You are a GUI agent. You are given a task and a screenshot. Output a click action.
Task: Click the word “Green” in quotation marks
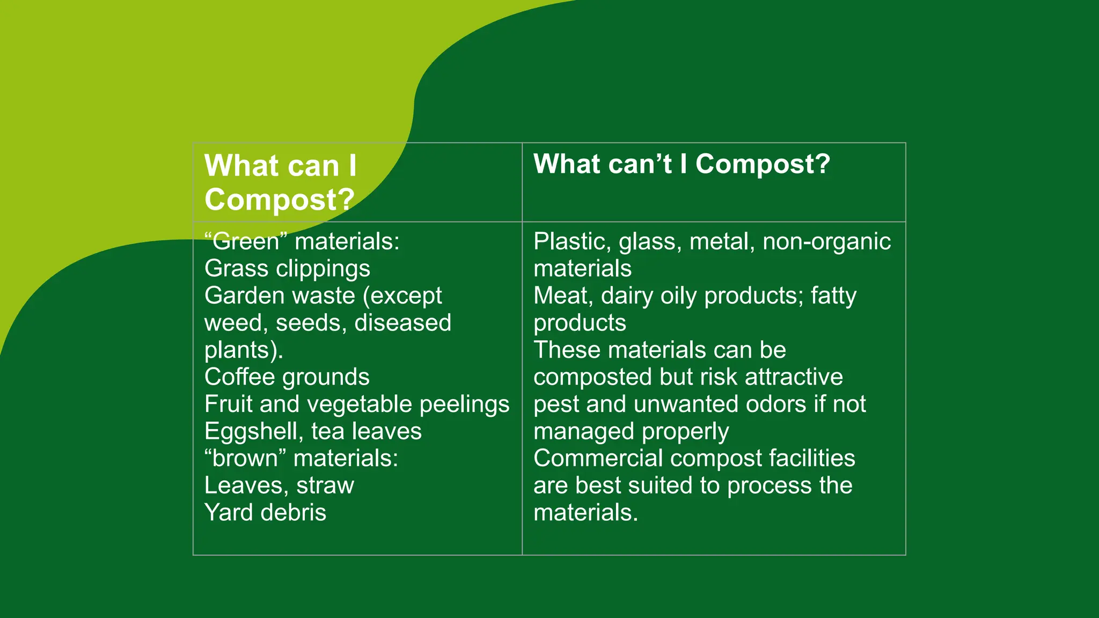pos(246,241)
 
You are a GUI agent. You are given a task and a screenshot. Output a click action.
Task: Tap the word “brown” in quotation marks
pos(245,459)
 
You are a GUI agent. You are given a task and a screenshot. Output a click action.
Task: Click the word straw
pos(325,485)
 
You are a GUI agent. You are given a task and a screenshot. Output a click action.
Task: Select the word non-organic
pos(826,241)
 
